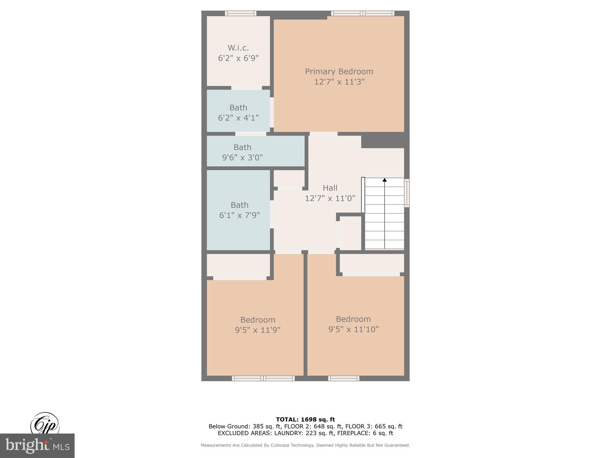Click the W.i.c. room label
click(x=238, y=48)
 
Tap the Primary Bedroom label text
click(x=339, y=72)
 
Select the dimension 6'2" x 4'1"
click(x=238, y=118)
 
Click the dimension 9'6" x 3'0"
click(x=242, y=157)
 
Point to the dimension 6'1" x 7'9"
click(x=239, y=215)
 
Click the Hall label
click(x=330, y=188)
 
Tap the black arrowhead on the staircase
click(x=385, y=180)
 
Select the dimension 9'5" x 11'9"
click(x=257, y=330)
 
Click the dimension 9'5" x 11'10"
click(x=353, y=329)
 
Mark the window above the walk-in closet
click(x=240, y=13)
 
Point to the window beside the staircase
click(x=407, y=193)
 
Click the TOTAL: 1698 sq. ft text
click(x=305, y=420)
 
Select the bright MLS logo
click(x=37, y=445)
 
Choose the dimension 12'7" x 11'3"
click(x=339, y=82)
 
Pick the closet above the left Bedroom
click(x=238, y=265)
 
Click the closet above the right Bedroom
click(x=371, y=263)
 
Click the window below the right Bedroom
click(x=344, y=378)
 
